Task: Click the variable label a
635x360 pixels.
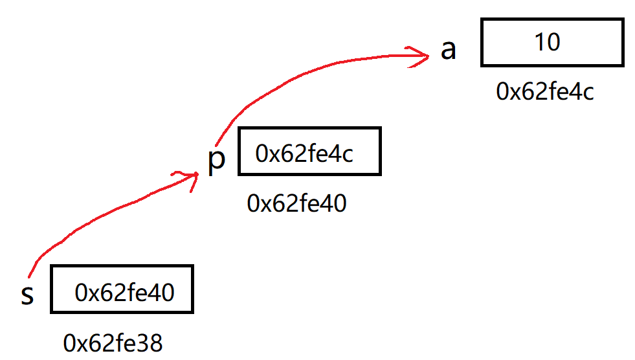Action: point(448,50)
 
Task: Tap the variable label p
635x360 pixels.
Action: point(217,159)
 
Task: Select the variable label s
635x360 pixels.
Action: point(27,295)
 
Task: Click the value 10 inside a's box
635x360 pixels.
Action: point(547,42)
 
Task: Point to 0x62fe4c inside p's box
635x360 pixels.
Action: point(304,153)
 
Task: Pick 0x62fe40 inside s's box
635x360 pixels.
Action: point(124,293)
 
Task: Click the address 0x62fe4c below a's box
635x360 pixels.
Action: point(544,92)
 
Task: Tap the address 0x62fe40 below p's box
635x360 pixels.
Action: point(296,204)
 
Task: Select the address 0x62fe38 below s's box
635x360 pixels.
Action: point(113,343)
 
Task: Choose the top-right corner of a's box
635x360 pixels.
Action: point(623,20)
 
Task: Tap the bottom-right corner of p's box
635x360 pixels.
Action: point(380,174)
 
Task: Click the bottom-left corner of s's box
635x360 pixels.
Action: point(51,313)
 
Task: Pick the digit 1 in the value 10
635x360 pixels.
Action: point(540,42)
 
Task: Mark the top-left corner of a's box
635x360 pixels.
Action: point(482,20)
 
